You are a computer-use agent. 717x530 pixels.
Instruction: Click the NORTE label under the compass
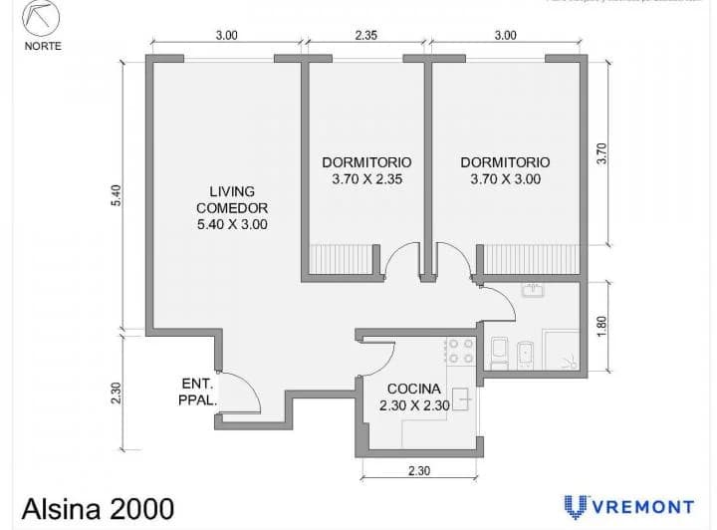(41, 45)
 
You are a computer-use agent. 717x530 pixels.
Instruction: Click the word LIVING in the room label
(232, 190)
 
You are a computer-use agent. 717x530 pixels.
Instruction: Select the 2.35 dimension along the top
(365, 35)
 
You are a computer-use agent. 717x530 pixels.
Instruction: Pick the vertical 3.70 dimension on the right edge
(600, 152)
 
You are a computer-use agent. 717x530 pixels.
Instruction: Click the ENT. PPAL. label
(198, 392)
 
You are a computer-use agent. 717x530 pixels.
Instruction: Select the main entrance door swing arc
(243, 391)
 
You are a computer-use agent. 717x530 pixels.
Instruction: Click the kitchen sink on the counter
(461, 397)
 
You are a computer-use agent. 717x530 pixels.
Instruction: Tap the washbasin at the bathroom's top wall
(532, 292)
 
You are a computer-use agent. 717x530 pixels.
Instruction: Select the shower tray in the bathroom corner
(565, 350)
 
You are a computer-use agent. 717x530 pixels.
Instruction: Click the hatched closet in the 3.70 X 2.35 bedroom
(342, 260)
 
